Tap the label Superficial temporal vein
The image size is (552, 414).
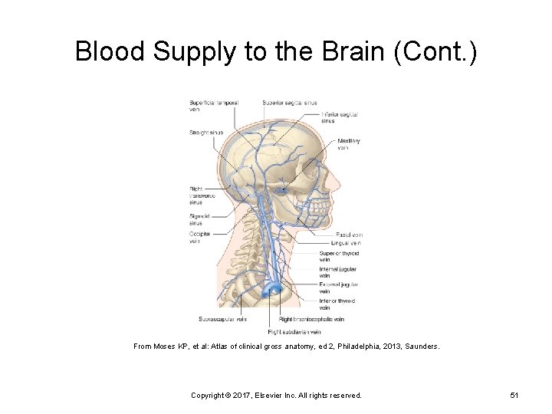(x=213, y=106)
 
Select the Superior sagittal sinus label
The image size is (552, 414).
(x=289, y=103)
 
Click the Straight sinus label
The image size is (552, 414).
(x=206, y=133)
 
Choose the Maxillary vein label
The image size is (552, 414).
(x=348, y=144)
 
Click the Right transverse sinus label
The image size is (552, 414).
(x=202, y=196)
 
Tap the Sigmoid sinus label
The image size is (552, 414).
(x=200, y=220)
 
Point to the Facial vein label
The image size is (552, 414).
(x=348, y=235)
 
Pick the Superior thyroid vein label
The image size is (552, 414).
(x=339, y=256)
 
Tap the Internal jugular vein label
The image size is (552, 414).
(x=337, y=272)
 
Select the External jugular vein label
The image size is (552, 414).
(x=338, y=287)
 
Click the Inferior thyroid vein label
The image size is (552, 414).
(x=337, y=304)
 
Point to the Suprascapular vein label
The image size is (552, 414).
(x=222, y=319)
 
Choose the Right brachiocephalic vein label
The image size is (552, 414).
(x=311, y=319)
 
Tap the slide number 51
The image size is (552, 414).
(x=514, y=395)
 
